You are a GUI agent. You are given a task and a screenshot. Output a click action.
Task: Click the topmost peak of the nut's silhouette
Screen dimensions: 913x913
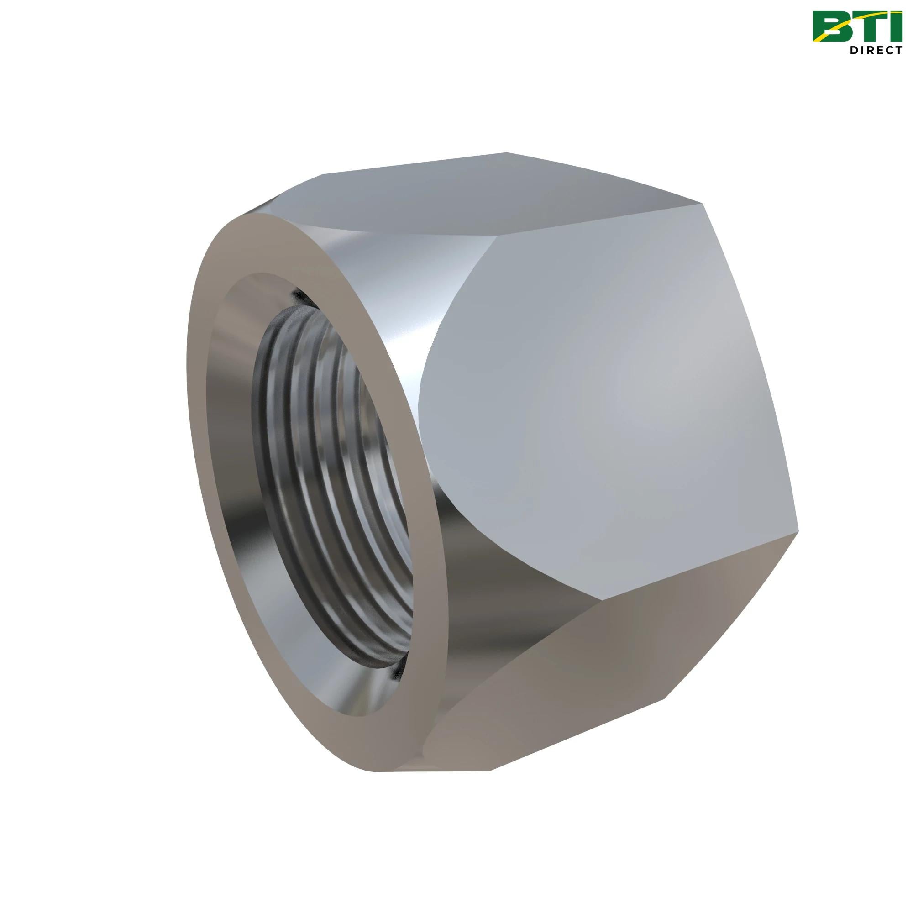tap(507, 153)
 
